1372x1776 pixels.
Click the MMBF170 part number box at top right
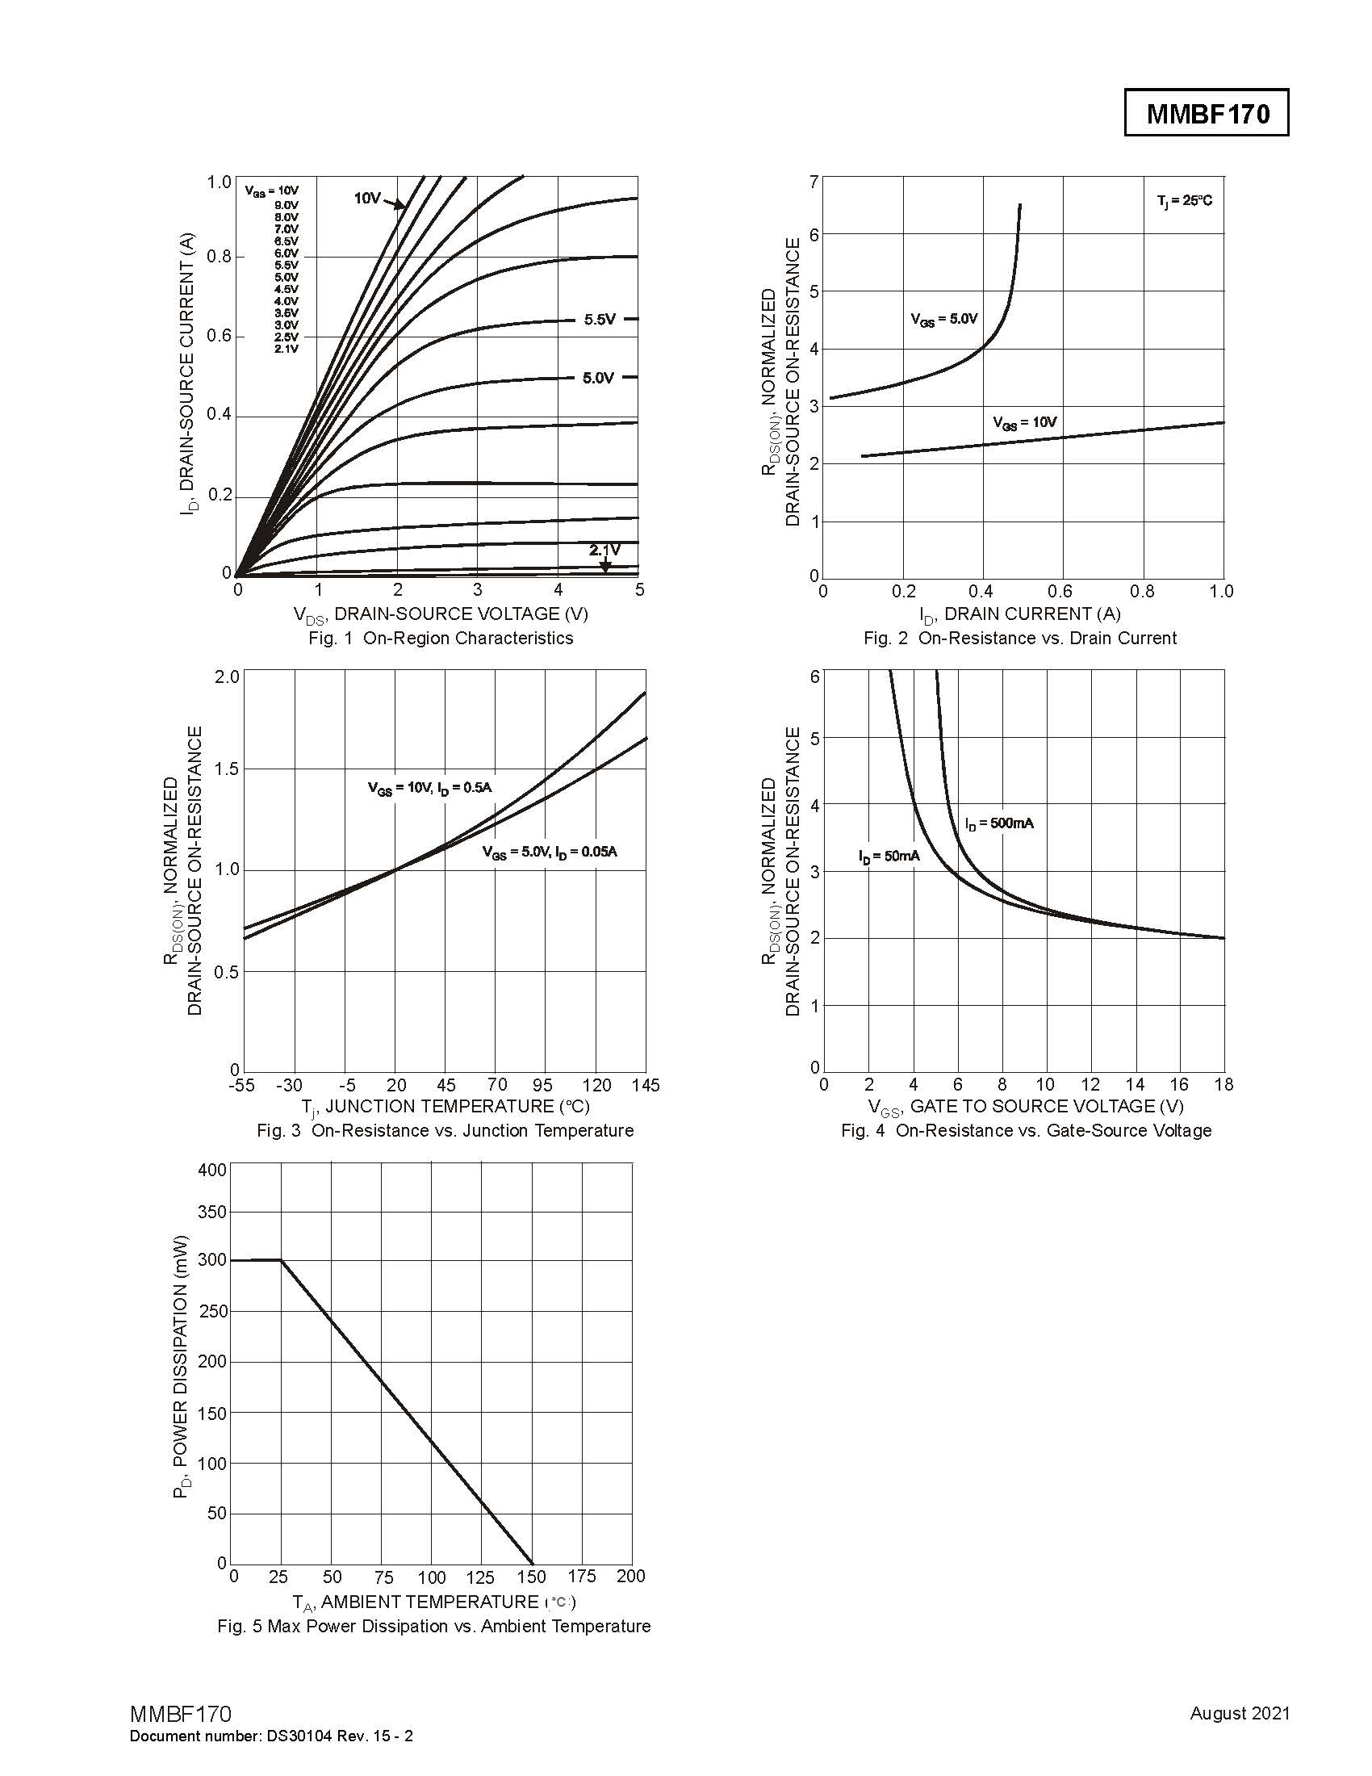[x=1207, y=113]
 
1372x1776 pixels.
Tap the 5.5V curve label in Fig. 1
[x=600, y=320]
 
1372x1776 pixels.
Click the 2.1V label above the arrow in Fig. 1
[x=604, y=550]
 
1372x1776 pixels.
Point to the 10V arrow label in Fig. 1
[x=367, y=198]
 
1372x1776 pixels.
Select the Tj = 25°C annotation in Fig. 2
[x=1184, y=201]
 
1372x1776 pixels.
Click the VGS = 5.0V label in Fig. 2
[x=943, y=319]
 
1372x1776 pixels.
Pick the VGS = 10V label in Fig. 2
[x=1024, y=422]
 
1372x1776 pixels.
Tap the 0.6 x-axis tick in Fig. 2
[x=1060, y=591]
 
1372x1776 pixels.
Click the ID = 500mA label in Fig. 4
[x=999, y=823]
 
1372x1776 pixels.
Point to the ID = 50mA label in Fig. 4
[x=889, y=856]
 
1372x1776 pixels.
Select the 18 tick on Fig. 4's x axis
[x=1223, y=1084]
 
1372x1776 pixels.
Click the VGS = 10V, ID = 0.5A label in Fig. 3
[x=429, y=788]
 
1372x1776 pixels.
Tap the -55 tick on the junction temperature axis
[x=241, y=1085]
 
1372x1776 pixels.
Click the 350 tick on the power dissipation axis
[x=212, y=1212]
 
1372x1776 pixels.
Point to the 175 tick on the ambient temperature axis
[x=581, y=1576]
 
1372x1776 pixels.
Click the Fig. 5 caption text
[x=434, y=1627]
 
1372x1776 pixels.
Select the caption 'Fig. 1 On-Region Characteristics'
[x=441, y=639]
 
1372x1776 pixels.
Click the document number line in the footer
[x=271, y=1736]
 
